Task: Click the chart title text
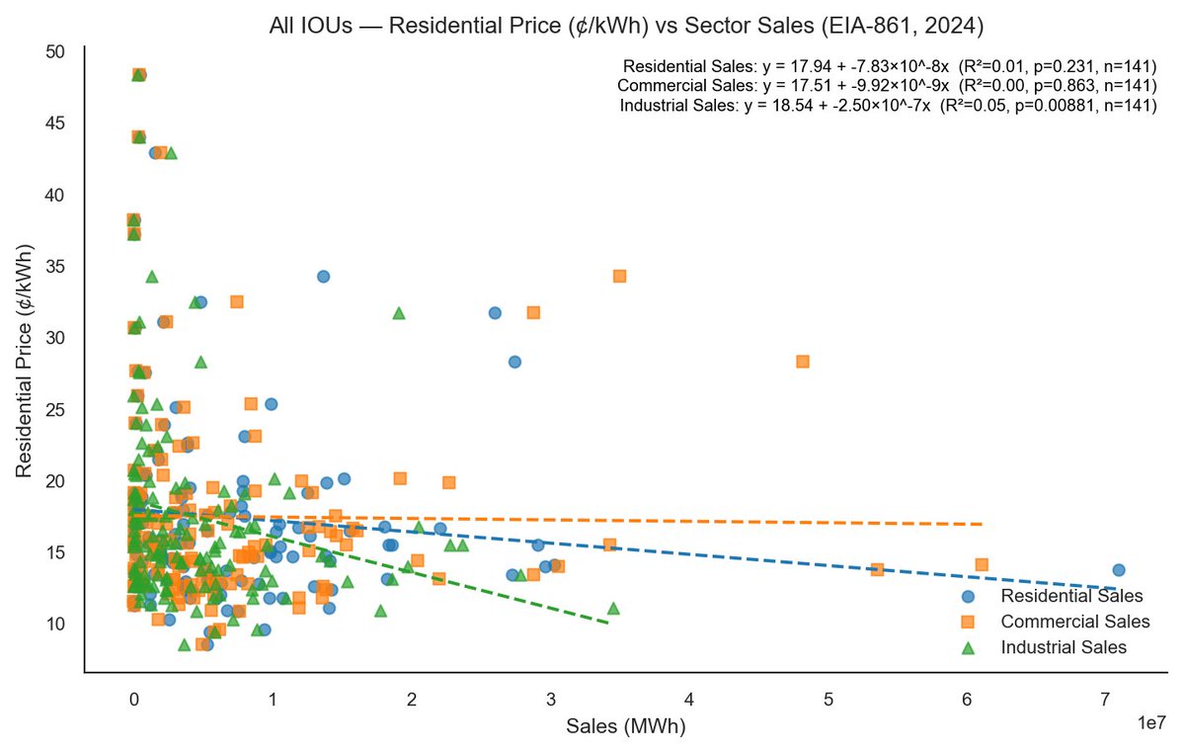click(627, 26)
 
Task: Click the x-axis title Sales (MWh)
click(625, 726)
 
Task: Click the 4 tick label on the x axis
click(689, 700)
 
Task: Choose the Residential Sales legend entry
click(1071, 596)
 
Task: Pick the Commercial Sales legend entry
click(1074, 622)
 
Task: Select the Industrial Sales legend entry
click(1063, 647)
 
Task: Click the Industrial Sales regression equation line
click(888, 106)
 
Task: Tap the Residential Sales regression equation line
click(889, 66)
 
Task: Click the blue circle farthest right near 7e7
click(1118, 570)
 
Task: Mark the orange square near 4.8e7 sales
click(803, 362)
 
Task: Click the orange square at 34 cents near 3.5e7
click(619, 277)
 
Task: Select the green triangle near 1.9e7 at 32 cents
click(399, 312)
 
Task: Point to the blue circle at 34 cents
click(323, 277)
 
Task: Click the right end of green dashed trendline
click(608, 623)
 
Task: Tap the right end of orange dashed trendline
click(982, 524)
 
